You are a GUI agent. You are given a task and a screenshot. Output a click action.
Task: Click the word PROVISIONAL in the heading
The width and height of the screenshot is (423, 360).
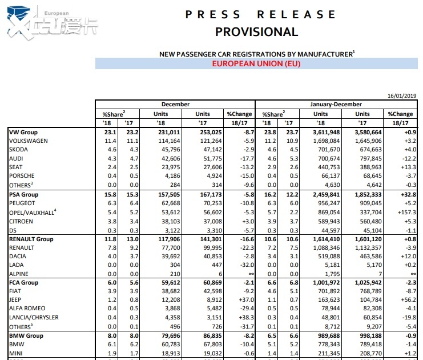coord(256,32)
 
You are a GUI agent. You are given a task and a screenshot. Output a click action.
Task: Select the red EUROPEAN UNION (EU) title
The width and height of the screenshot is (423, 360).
coord(256,63)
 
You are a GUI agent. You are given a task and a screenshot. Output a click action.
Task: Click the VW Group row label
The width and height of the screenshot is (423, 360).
coord(23,132)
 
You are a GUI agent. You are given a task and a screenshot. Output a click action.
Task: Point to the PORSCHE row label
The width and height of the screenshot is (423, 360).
coord(22,175)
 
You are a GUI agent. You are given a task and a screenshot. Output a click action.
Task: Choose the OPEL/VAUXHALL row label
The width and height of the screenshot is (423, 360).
coord(33,211)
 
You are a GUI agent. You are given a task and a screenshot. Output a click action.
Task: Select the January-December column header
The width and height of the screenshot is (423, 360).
coord(336,105)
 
